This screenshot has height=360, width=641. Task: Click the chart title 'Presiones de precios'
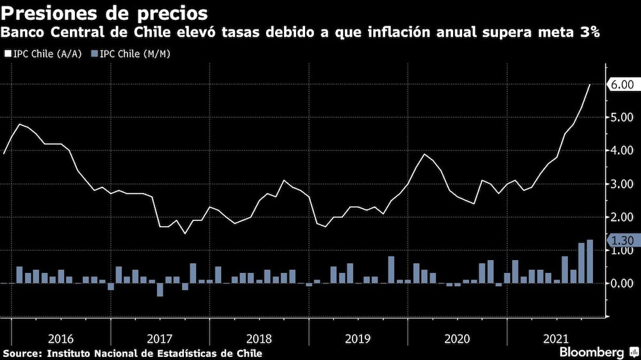pyautogui.click(x=106, y=12)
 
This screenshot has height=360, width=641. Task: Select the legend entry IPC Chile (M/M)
pyautogui.click(x=135, y=54)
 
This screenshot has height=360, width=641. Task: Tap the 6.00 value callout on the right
pyautogui.click(x=620, y=85)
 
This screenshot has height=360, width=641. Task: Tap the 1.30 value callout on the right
pyautogui.click(x=620, y=241)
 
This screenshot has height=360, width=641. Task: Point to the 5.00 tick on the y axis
pyautogui.click(x=620, y=118)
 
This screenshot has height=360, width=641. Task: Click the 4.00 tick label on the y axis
pyautogui.click(x=620, y=151)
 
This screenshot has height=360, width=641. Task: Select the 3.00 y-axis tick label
pyautogui.click(x=620, y=184)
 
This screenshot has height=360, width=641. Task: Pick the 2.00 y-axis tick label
pyautogui.click(x=620, y=218)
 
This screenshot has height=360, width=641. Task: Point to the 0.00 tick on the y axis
pyautogui.click(x=620, y=283)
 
